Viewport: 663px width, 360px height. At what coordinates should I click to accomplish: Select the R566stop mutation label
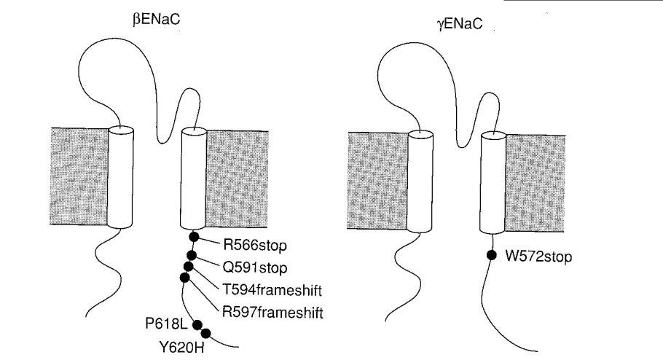tap(240, 242)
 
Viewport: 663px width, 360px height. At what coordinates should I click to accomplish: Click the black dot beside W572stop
tap(493, 255)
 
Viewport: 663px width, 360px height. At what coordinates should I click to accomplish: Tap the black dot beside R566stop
tap(194, 236)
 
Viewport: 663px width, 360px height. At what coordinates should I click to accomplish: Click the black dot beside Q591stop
tap(192, 254)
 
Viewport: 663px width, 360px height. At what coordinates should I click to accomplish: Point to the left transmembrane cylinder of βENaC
tap(120, 176)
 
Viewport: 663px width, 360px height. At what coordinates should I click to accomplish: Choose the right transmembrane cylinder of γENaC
tap(493, 182)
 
